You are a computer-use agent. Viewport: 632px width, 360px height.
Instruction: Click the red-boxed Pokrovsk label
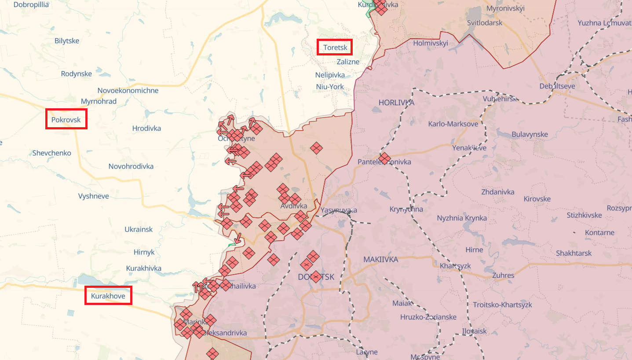pyautogui.click(x=66, y=119)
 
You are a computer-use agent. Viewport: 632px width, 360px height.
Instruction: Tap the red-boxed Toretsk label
pyautogui.click(x=335, y=48)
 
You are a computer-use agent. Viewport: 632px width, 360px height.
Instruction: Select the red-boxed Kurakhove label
pyautogui.click(x=108, y=296)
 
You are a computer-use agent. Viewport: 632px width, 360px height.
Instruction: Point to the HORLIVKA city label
pyautogui.click(x=396, y=103)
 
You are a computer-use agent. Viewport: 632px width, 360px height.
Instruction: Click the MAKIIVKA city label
pyautogui.click(x=380, y=260)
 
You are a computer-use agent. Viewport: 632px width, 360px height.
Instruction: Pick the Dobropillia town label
pyautogui.click(x=31, y=5)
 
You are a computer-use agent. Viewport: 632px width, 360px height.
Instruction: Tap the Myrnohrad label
pyautogui.click(x=99, y=102)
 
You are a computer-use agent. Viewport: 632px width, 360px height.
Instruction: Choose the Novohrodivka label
pyautogui.click(x=131, y=166)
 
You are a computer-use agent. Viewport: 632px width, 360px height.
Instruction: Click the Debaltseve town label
pyautogui.click(x=557, y=86)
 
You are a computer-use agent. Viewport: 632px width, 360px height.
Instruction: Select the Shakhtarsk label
pyautogui.click(x=574, y=253)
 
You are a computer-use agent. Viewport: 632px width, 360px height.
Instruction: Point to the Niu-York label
pyautogui.click(x=330, y=87)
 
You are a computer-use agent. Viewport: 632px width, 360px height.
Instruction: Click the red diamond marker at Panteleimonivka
pyautogui.click(x=384, y=158)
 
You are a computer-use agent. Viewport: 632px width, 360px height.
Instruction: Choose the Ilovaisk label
pyautogui.click(x=474, y=331)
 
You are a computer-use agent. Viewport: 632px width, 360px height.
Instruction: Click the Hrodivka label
pyautogui.click(x=146, y=129)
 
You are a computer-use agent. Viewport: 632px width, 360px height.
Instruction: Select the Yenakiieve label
pyautogui.click(x=469, y=148)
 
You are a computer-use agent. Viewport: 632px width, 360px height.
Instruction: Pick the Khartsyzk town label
pyautogui.click(x=455, y=266)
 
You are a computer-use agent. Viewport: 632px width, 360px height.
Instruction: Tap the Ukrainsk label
pyautogui.click(x=139, y=230)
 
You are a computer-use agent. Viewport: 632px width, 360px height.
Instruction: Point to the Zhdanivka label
pyautogui.click(x=497, y=192)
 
